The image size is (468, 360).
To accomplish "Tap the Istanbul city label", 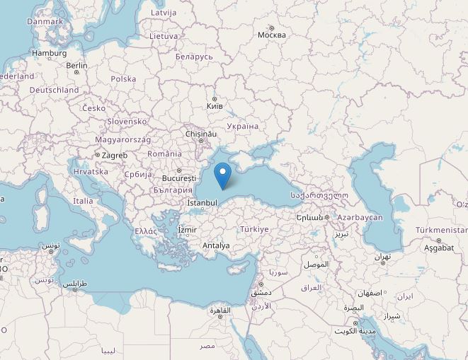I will coord(202,203).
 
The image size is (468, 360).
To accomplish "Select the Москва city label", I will coord(271,34).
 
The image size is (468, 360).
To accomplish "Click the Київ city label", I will coord(214,106).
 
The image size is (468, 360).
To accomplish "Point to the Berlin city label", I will coord(76,66).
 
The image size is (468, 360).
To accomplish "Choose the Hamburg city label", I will coord(49,53).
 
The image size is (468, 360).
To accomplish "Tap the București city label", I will coord(178,178).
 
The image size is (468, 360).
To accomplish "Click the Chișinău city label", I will coord(200,134).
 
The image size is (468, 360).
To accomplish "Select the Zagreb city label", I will coord(114,155).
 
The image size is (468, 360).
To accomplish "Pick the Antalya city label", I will coord(216,246).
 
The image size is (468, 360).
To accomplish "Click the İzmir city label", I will coord(187,230).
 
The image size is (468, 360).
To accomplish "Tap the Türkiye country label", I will coord(254,229).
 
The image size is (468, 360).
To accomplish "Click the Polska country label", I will coord(123,79).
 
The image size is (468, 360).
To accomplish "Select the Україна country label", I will coord(243,126).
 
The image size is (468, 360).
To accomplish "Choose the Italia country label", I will coord(83,201).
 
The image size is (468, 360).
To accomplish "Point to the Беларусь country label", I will coord(193,56).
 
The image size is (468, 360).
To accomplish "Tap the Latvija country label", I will coord(164,13).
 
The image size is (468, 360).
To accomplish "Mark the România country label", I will coord(164,153).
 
